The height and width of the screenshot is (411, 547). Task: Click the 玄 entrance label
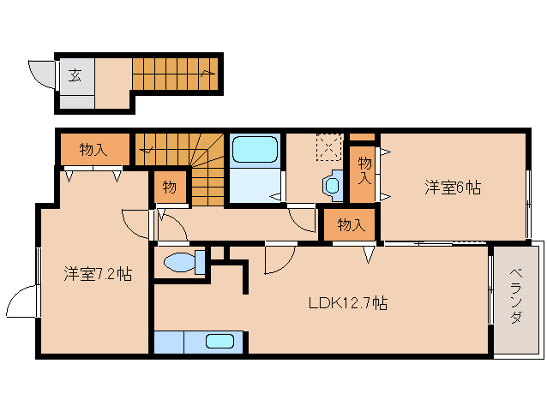pyautogui.click(x=75, y=75)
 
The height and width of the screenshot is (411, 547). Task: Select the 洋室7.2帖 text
pyautogui.click(x=97, y=274)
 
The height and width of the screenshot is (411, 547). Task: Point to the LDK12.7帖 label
pyautogui.click(x=347, y=302)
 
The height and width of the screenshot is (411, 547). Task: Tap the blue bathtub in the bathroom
pyautogui.click(x=255, y=151)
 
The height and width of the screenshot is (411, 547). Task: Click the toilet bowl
pyautogui.click(x=179, y=261)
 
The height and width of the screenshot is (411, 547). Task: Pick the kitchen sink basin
pyautogui.click(x=219, y=342)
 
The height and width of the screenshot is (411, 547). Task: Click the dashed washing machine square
pyautogui.click(x=329, y=146)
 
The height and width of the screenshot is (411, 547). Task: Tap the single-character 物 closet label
pyautogui.click(x=169, y=188)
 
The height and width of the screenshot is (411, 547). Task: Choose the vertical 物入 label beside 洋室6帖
pyautogui.click(x=363, y=170)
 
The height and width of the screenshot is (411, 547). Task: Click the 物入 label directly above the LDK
pyautogui.click(x=351, y=225)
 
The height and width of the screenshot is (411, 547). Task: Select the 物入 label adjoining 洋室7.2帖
pyautogui.click(x=93, y=150)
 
